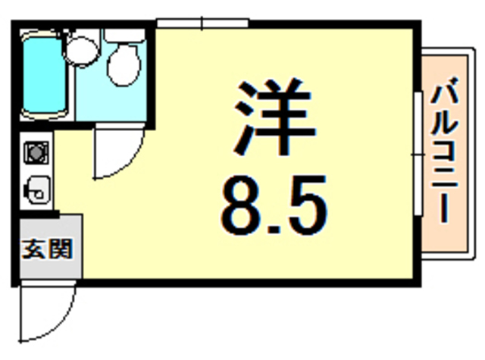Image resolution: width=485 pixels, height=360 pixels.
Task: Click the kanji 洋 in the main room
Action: tap(274, 116)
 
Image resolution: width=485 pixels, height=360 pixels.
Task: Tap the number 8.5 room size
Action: tap(274, 205)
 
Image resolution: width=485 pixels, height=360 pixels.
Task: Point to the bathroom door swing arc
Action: tap(114, 155)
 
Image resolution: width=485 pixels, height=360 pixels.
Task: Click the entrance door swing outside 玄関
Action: tap(45, 311)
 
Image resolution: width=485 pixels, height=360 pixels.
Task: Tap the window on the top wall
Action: tap(202, 25)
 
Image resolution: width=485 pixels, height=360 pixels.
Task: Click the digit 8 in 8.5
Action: tap(238, 205)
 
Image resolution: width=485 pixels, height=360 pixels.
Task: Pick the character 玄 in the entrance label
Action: tap(33, 248)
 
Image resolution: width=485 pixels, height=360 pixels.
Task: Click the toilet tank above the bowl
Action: tap(124, 34)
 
